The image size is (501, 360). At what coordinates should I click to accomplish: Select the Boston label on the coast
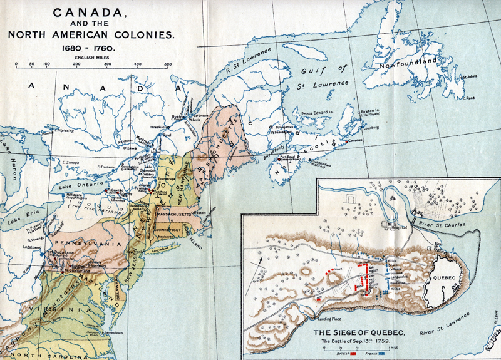tap(200, 212)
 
